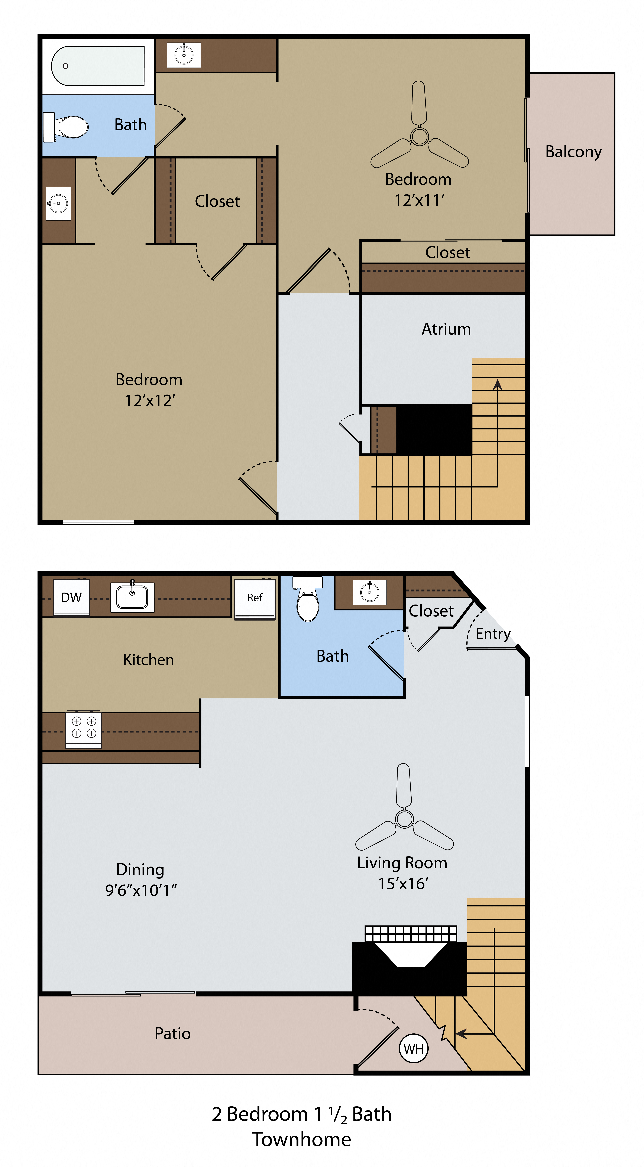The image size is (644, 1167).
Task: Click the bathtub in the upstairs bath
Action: tap(98, 66)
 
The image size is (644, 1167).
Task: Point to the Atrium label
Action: tap(446, 329)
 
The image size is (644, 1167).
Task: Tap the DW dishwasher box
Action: tap(71, 597)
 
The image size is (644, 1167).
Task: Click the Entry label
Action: tap(493, 633)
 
